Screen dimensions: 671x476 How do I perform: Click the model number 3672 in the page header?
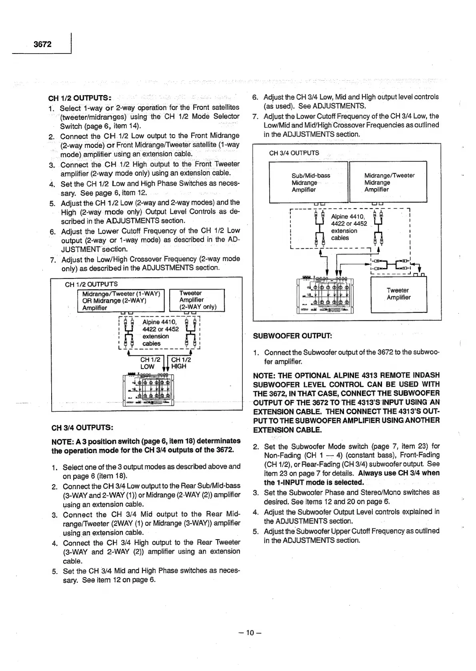click(42, 44)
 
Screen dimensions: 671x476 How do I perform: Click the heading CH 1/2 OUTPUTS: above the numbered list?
click(79, 98)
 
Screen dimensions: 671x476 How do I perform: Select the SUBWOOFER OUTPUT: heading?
click(292, 336)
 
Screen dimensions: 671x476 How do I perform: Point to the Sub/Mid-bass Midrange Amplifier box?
click(308, 182)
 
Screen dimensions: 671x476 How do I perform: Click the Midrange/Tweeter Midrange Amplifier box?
click(388, 182)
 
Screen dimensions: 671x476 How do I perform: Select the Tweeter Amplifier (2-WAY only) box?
click(197, 300)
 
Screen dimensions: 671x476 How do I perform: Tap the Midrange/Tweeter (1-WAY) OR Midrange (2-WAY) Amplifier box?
click(120, 301)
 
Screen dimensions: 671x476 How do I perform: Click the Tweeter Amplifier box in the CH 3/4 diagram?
click(398, 294)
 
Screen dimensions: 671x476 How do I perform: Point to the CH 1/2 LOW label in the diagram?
click(149, 363)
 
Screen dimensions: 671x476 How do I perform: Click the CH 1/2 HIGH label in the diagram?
click(180, 363)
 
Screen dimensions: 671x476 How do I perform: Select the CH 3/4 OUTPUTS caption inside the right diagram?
click(294, 153)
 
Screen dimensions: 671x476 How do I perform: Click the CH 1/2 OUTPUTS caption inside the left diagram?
click(91, 284)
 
